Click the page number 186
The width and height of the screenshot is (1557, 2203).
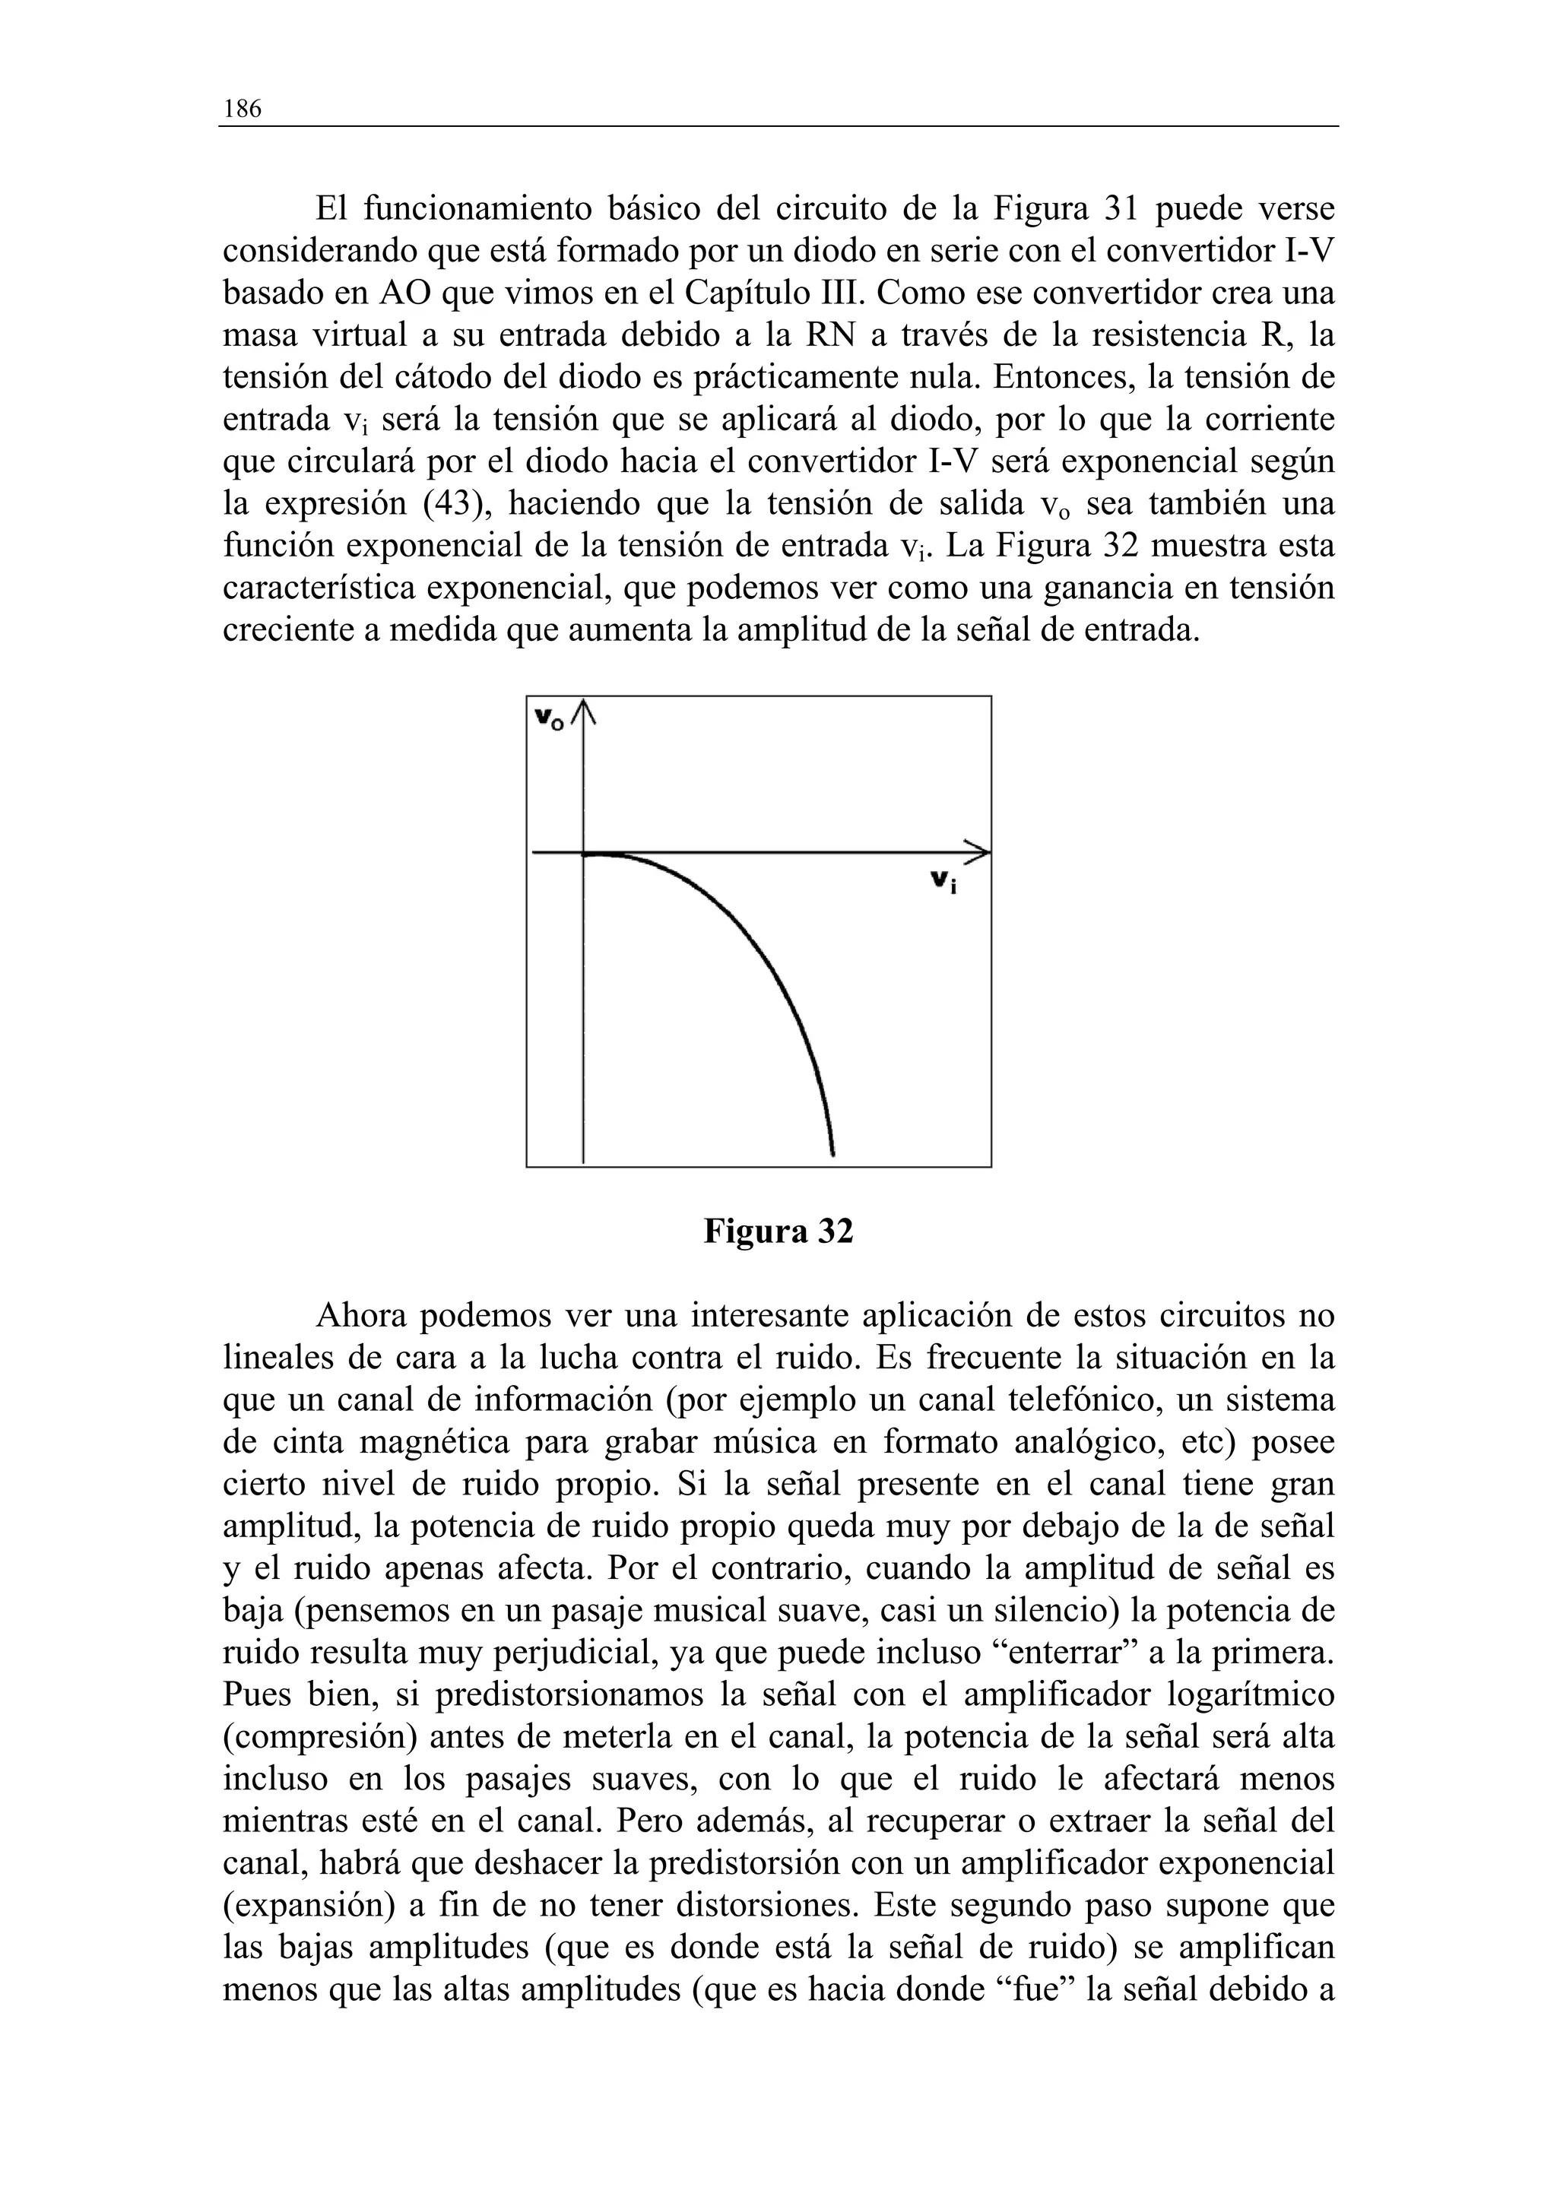point(241,109)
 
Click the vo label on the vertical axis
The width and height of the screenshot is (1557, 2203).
point(550,718)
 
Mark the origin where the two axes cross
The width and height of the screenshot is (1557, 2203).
point(583,851)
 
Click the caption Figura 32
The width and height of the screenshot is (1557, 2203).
point(778,1231)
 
